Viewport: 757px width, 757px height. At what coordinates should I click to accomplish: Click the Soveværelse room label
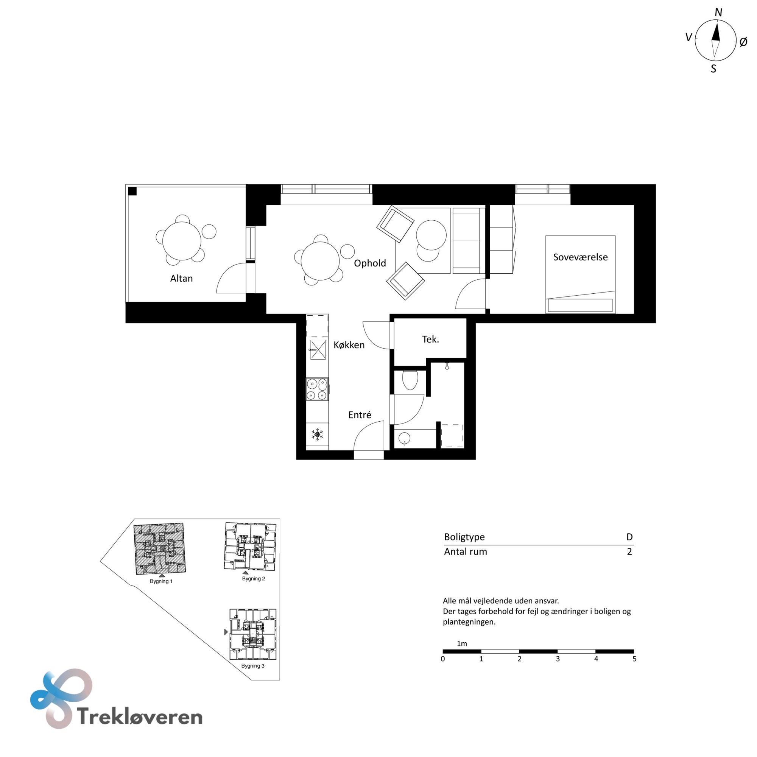coord(580,257)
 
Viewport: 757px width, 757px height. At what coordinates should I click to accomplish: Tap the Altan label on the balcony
coord(181,278)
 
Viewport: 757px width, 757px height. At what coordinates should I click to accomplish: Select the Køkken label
coord(349,345)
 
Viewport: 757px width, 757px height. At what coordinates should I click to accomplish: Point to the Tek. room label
coord(430,339)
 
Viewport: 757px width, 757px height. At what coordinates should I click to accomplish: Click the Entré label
coord(360,414)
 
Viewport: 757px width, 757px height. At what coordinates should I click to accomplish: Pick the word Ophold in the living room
coord(370,263)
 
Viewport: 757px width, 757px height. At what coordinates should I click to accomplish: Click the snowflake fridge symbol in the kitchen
coord(317,434)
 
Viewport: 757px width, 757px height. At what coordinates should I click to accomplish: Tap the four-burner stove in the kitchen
coord(317,389)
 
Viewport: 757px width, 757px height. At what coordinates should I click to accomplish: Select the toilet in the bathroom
coord(410,380)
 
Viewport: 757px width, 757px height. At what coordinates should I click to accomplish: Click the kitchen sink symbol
coord(318,349)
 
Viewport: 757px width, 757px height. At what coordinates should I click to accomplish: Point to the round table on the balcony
coord(182,241)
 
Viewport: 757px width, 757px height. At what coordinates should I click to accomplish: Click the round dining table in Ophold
coord(320,261)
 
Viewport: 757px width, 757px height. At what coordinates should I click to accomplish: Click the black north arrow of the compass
coord(716,33)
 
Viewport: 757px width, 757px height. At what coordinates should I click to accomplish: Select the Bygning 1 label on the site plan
coord(161,581)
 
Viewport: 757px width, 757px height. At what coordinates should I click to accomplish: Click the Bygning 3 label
coord(253,666)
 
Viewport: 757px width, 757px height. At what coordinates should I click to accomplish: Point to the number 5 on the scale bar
coord(634,659)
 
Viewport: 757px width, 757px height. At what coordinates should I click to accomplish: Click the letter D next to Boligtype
coord(629,537)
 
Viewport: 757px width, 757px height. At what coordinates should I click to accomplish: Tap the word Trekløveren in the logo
coord(140,716)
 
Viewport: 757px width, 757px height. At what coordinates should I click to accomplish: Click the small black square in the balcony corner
coord(132,191)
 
